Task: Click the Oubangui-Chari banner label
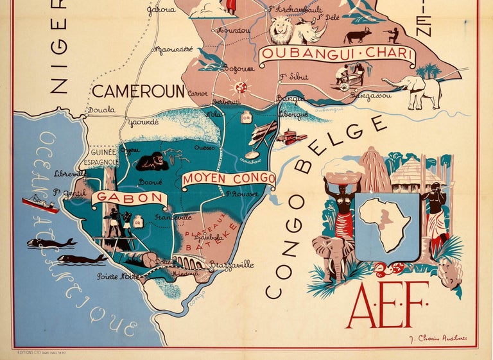tap(336, 53)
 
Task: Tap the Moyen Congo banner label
tap(228, 179)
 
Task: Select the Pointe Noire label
tap(118, 277)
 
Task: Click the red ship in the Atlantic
tap(40, 204)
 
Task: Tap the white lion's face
tap(281, 30)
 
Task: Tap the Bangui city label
tap(286, 98)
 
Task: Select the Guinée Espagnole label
tap(103, 157)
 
